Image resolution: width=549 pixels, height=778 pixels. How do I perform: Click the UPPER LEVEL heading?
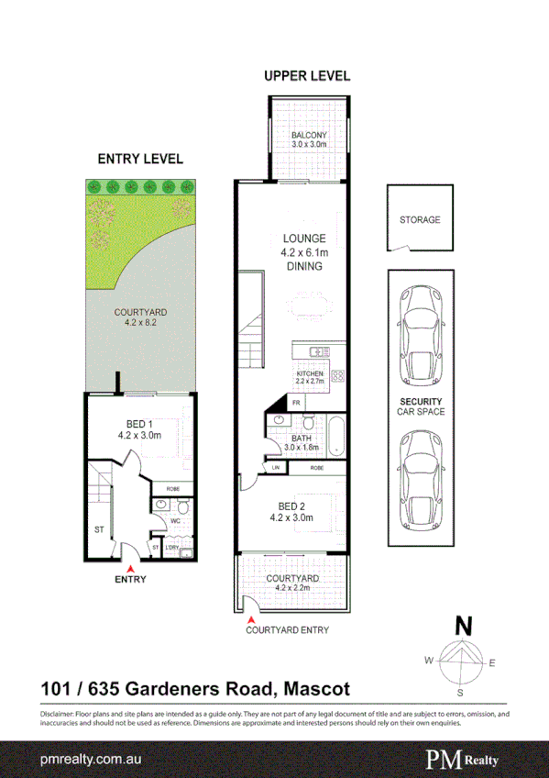pos(307,76)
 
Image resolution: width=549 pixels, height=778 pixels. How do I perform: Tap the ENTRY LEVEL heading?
pos(140,159)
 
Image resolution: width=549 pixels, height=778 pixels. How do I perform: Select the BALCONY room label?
pos(309,136)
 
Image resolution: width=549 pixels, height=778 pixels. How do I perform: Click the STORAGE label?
pos(420,220)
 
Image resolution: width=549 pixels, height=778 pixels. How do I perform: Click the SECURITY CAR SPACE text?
pos(421,406)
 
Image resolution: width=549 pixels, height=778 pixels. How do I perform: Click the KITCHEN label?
pos(309,374)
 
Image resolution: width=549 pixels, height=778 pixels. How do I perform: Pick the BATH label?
pos(302,439)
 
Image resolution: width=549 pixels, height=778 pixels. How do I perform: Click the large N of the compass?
pos(465,627)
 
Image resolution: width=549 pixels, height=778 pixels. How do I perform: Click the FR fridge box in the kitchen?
pos(297,403)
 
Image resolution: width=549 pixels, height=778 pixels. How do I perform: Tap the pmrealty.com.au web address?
pos(85,760)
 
